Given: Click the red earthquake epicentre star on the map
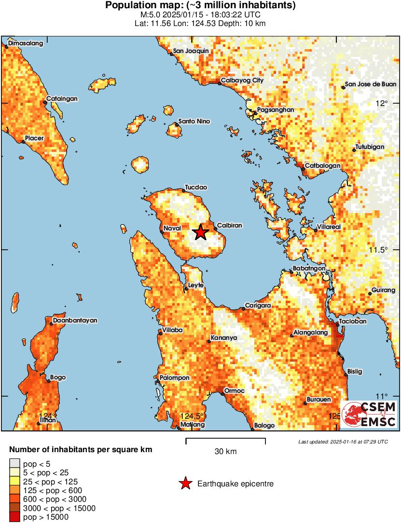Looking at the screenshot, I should click(201, 232).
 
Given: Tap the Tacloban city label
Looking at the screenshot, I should click(353, 321).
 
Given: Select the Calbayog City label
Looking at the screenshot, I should click(242, 80).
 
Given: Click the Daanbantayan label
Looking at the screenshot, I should click(75, 320).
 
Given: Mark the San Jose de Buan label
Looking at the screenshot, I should click(371, 84).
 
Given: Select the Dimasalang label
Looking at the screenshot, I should click(26, 43).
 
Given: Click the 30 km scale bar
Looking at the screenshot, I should click(225, 440).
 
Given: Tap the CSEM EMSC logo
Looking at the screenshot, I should click(369, 415).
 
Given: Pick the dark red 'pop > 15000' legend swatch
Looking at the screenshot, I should click(14, 517).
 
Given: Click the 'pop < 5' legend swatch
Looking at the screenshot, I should click(14, 464).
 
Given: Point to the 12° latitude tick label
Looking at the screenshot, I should click(382, 103).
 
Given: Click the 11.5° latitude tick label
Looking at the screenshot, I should click(379, 250).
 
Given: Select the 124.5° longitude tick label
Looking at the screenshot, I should click(190, 416).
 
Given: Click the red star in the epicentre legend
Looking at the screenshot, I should click(184, 483).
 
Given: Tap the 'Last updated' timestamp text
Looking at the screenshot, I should click(343, 442).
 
